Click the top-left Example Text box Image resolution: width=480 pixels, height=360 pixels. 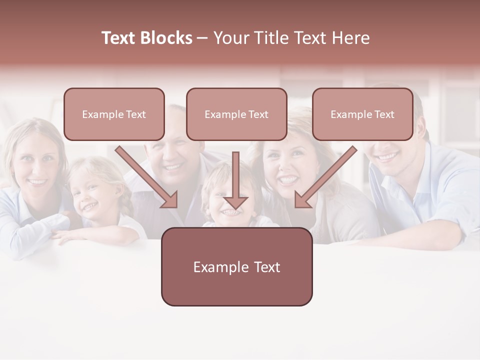(x=114, y=114)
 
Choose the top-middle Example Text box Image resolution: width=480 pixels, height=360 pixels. (x=236, y=114)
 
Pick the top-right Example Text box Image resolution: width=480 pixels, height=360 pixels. (x=362, y=114)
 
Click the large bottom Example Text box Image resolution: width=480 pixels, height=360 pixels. (x=236, y=266)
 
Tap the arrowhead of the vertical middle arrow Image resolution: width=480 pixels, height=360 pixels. (x=235, y=202)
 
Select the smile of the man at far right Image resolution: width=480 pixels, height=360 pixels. (x=387, y=156)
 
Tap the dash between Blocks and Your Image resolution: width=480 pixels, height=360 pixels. (x=202, y=38)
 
